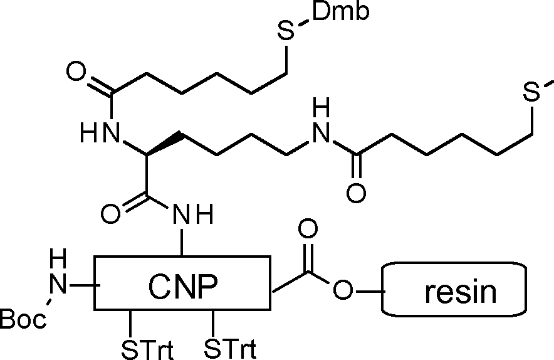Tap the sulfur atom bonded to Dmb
tap(286, 31)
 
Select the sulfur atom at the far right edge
tap(531, 92)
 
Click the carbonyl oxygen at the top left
tap(76, 71)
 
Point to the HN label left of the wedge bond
tap(100, 132)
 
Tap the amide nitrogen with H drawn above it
tap(321, 133)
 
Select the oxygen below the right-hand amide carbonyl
tap(356, 193)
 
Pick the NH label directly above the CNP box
tap(193, 214)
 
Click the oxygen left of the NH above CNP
tap(110, 214)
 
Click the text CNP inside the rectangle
tap(182, 286)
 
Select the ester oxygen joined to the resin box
tap(343, 290)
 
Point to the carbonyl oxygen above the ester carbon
tap(308, 228)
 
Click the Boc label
tap(23, 319)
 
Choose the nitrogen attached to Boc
tap(58, 284)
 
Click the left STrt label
tap(147, 349)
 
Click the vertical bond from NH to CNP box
tap(182, 242)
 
